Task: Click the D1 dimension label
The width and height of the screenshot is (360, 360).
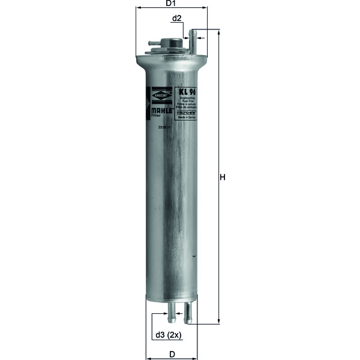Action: [170, 4]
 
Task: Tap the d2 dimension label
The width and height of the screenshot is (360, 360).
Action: [178, 19]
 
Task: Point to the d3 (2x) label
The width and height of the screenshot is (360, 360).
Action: [167, 335]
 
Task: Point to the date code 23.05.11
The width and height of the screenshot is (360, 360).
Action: [165, 128]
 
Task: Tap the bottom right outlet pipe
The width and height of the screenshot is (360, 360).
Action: [188, 310]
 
